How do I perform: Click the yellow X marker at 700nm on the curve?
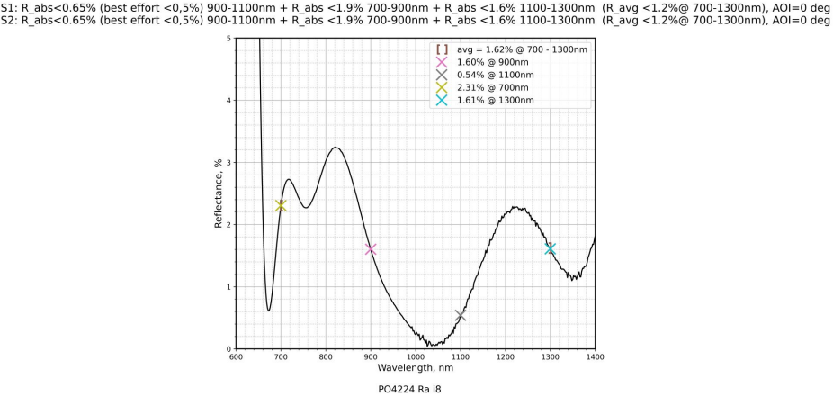click(281, 205)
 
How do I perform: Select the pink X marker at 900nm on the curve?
click(371, 249)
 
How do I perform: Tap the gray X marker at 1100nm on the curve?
click(461, 315)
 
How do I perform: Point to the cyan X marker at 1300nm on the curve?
click(551, 248)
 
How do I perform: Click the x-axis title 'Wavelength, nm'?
click(416, 367)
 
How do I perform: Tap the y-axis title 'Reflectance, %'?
click(217, 193)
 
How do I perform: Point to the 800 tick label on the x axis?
click(326, 357)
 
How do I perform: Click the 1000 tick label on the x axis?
click(416, 357)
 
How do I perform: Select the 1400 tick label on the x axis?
click(595, 357)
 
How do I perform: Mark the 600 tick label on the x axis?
click(236, 357)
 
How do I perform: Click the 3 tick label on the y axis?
click(228, 162)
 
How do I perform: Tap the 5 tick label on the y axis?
click(228, 39)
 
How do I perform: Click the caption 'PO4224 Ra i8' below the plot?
click(415, 389)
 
